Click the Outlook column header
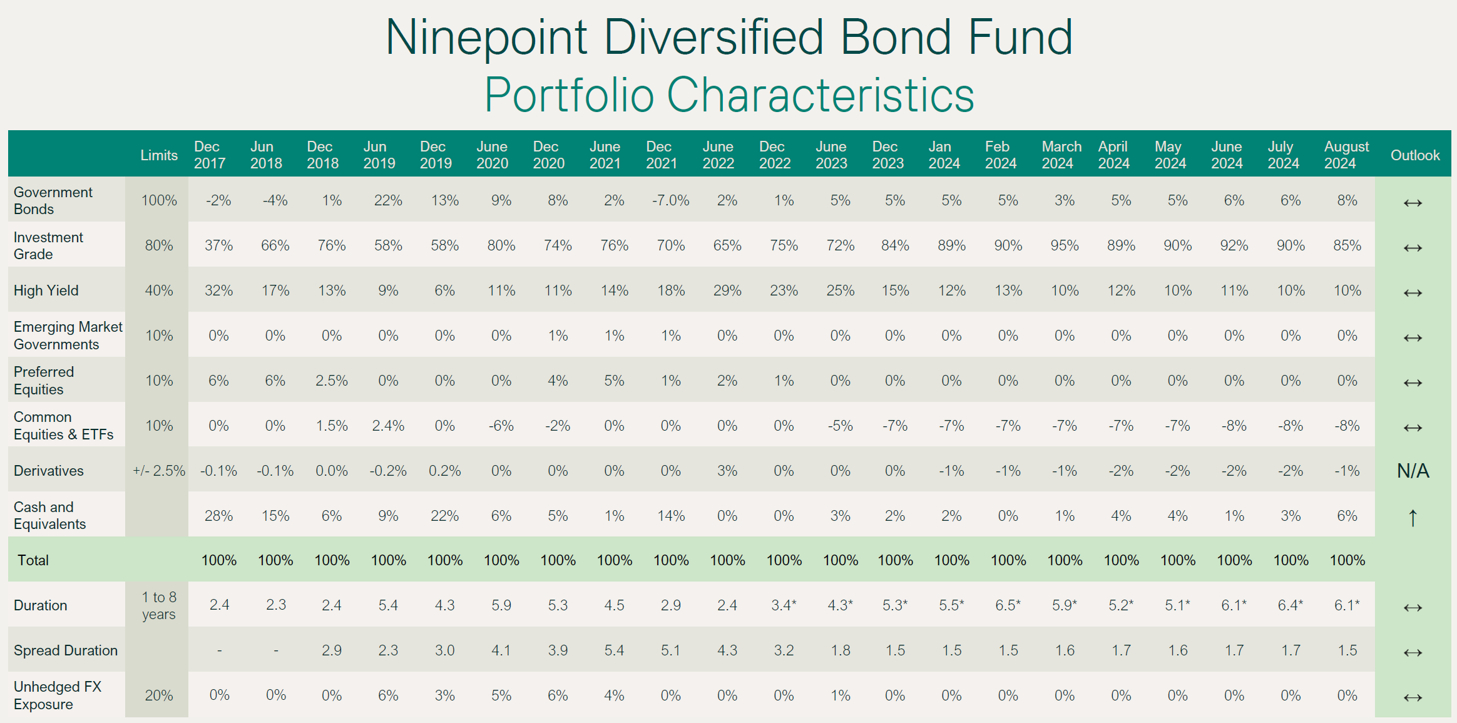[1414, 155]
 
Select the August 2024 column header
[1346, 155]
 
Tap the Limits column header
[159, 155]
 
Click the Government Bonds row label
[53, 200]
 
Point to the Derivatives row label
[49, 471]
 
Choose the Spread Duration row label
[66, 650]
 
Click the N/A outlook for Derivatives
[1413, 471]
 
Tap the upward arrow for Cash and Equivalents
[1413, 518]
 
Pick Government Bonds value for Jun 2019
[388, 200]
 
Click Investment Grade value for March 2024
[1065, 245]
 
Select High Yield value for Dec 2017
[218, 290]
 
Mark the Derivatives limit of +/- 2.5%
[159, 471]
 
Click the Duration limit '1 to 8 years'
[159, 605]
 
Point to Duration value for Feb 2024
[1008, 605]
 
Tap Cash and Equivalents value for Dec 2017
[218, 516]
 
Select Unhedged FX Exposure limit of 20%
[159, 695]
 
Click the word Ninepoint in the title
[486, 38]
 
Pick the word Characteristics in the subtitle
[821, 95]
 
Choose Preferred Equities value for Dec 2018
[331, 381]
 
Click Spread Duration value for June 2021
[614, 650]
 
